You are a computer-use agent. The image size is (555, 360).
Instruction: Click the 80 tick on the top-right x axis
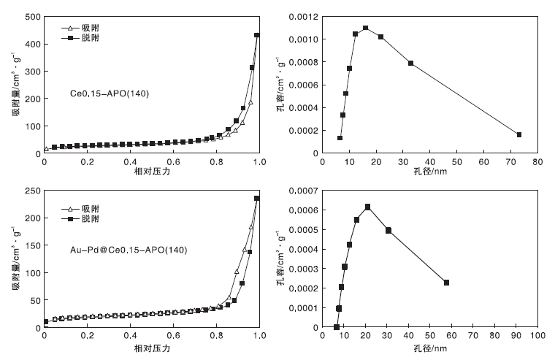(x=537, y=162)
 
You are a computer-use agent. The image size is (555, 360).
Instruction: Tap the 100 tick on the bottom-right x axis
(x=537, y=336)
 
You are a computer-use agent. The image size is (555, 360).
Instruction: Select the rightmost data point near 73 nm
(x=518, y=134)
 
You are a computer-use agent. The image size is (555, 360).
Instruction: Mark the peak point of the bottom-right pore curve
(x=367, y=207)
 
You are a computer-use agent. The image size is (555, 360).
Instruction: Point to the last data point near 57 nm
(x=446, y=283)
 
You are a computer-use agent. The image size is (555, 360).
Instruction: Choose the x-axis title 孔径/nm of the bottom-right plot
(x=430, y=348)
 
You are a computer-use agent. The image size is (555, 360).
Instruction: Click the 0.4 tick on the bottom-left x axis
(x=130, y=336)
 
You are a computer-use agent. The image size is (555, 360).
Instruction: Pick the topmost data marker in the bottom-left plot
(x=257, y=198)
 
